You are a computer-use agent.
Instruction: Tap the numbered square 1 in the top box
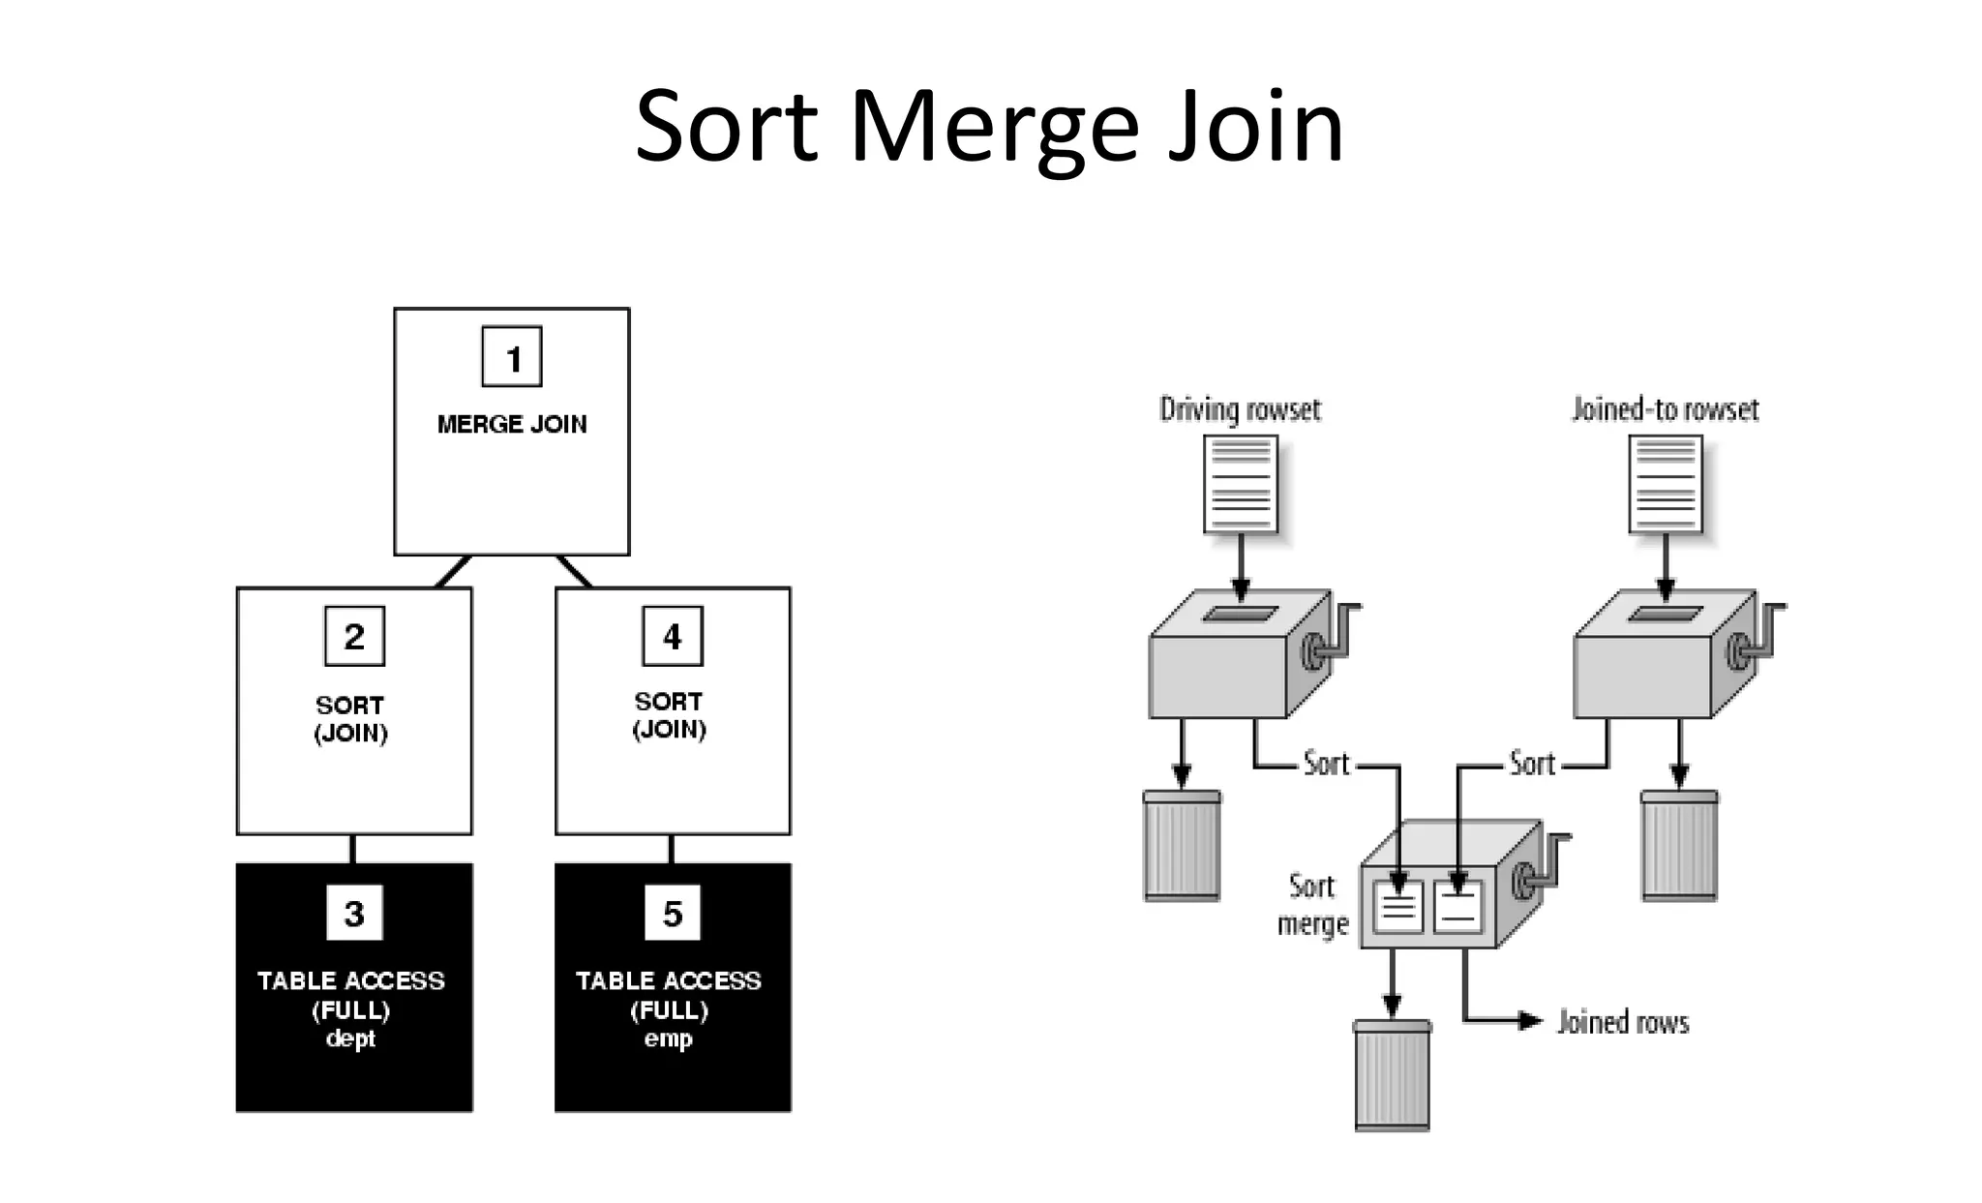(512, 357)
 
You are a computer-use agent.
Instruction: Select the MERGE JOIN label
(512, 424)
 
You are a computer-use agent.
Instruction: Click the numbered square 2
(354, 636)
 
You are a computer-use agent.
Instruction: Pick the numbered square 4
(673, 636)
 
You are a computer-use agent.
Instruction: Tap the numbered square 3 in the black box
(354, 913)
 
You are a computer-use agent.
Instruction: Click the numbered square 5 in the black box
(673, 913)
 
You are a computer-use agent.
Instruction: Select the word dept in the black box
(350, 1039)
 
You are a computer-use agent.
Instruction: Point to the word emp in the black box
(669, 1039)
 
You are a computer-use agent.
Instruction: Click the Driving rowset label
(1240, 409)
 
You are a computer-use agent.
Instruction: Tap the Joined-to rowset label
(1665, 409)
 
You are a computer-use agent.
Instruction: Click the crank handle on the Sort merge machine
(1544, 866)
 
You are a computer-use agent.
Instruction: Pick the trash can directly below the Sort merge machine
(1392, 1074)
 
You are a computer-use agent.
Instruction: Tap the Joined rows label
(1623, 1022)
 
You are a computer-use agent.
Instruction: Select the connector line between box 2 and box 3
(352, 849)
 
